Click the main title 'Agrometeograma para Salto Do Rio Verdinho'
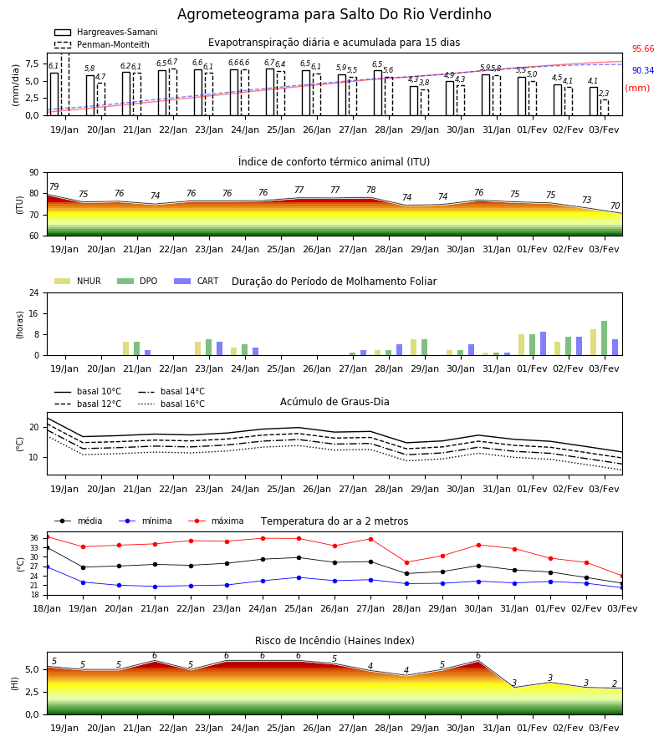point(334,14)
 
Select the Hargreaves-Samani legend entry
point(106,32)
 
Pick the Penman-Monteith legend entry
point(102,44)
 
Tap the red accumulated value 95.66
point(643,49)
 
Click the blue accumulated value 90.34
point(643,70)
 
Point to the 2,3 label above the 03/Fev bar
point(604,94)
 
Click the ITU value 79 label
point(54,186)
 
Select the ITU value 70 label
point(615,206)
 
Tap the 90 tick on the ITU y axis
point(33,173)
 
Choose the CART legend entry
point(197,281)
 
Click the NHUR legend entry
point(78,281)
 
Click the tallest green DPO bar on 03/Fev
point(605,338)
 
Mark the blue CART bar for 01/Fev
point(544,343)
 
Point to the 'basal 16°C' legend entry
point(171,404)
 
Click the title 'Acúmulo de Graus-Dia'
point(334,402)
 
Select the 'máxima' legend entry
point(216,521)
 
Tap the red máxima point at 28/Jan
point(407,562)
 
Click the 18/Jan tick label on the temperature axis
point(47,608)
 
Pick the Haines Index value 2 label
point(615,683)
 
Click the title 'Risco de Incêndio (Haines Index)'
point(334,641)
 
